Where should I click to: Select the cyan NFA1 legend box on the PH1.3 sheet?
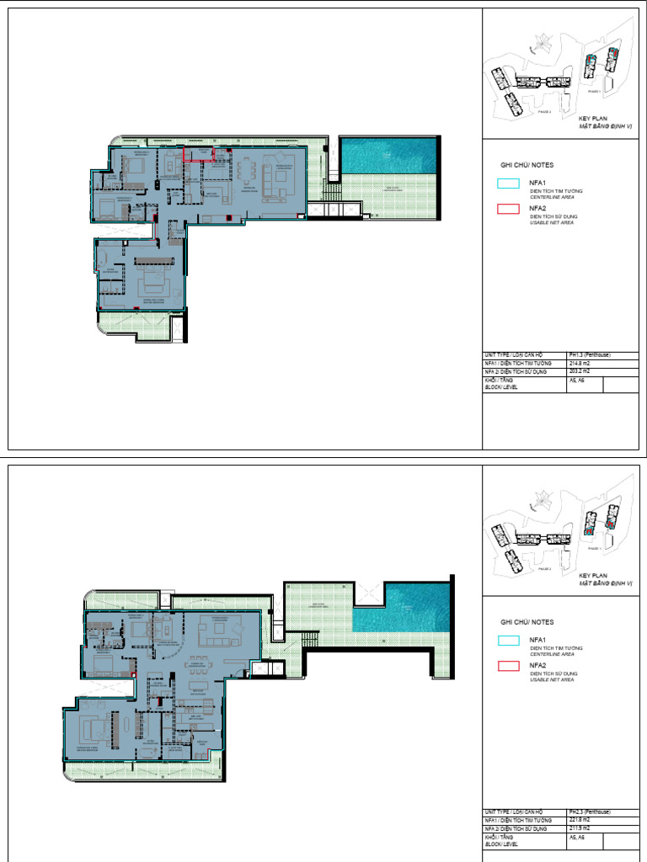(508, 183)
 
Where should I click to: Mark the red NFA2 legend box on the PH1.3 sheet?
(508, 209)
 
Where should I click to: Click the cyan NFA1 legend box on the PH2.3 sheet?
(508, 640)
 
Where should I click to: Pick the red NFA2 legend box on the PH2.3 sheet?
(508, 666)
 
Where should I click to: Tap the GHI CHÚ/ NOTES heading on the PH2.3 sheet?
(527, 621)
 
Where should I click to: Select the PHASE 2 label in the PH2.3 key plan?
(544, 569)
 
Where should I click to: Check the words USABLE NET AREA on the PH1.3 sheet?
(552, 223)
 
